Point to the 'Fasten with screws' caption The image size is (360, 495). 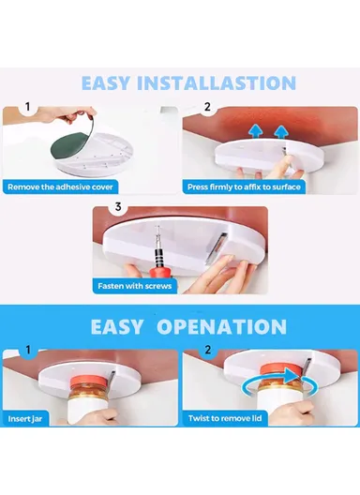[x=135, y=285]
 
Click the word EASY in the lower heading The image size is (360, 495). [x=118, y=326]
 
